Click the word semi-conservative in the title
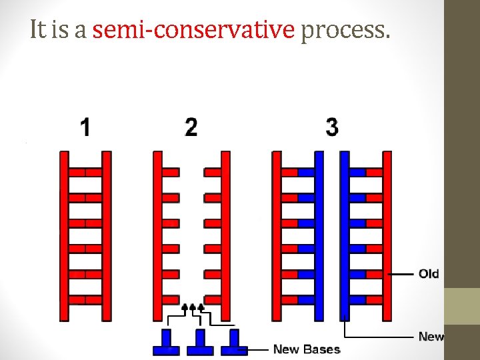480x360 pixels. click(x=193, y=30)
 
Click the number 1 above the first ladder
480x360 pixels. click(x=85, y=127)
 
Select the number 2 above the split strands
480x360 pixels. click(x=191, y=127)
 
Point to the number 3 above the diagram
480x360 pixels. click(x=332, y=127)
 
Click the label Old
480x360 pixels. click(x=429, y=274)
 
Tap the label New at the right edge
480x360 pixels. click(x=431, y=337)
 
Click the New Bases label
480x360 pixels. click(x=307, y=349)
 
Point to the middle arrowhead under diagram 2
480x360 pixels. click(x=193, y=307)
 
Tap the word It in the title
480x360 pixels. click(x=39, y=30)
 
